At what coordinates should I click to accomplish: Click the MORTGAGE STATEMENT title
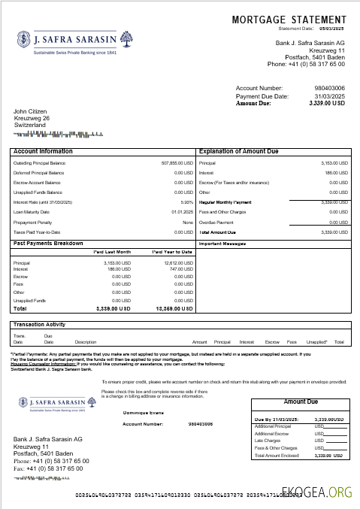(x=289, y=20)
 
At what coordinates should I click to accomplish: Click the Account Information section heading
(x=43, y=151)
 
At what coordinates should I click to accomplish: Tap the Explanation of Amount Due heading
(x=238, y=151)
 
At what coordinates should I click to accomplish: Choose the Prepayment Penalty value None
(x=187, y=223)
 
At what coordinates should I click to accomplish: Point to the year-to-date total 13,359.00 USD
(x=176, y=308)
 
